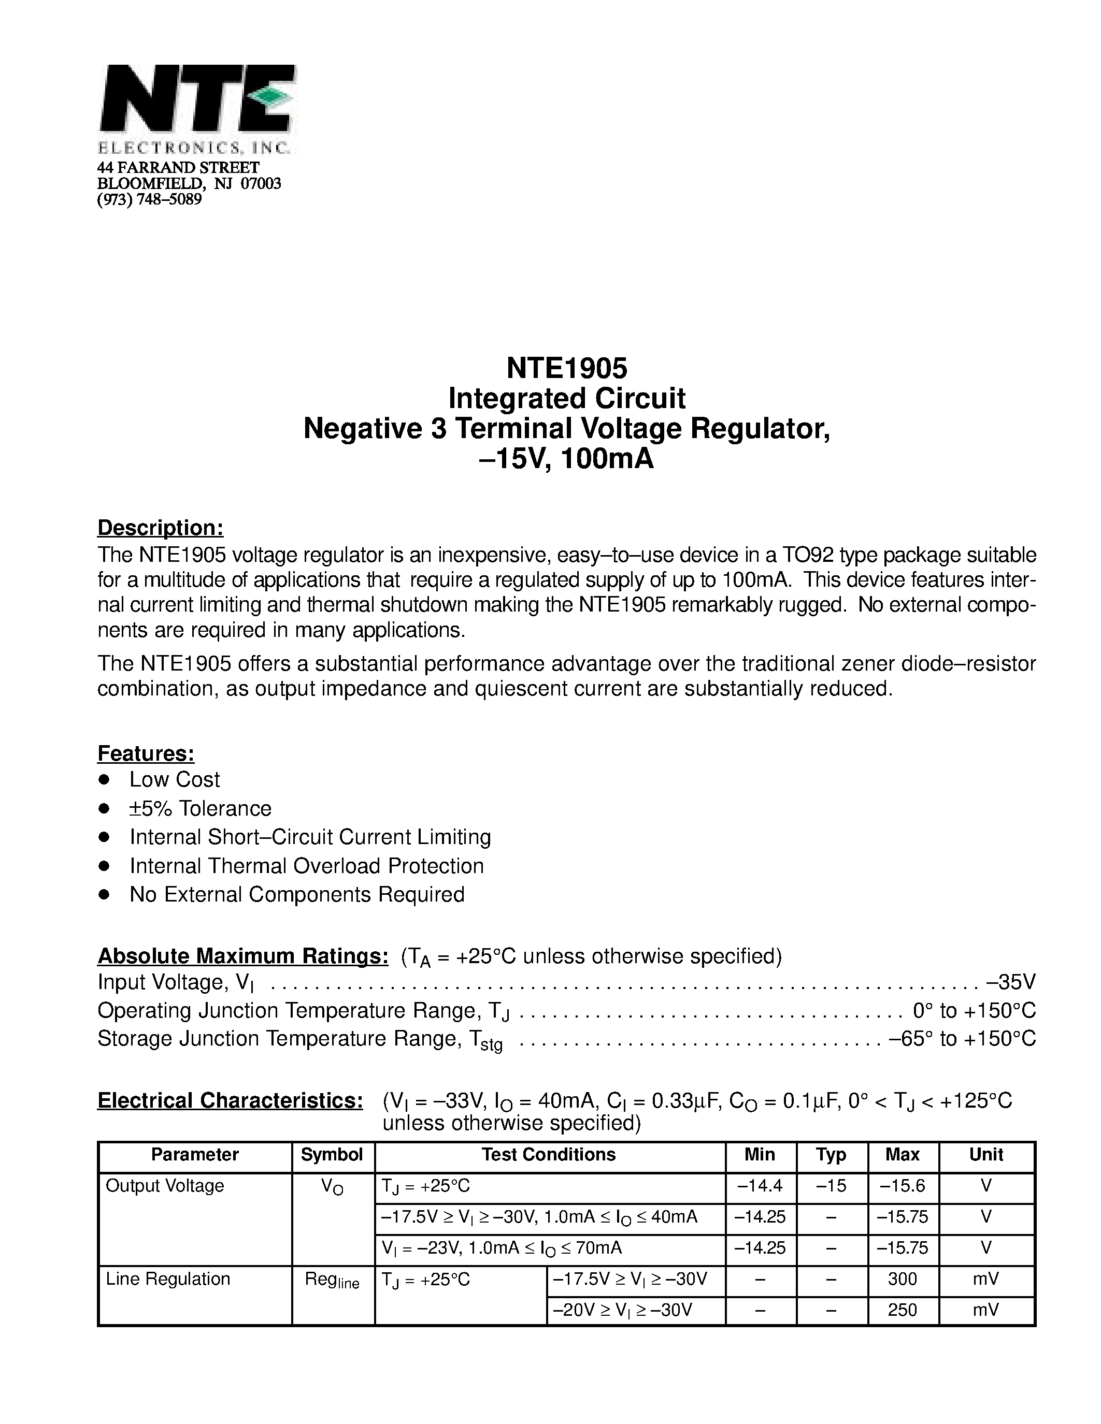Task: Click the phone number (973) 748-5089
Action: pos(149,199)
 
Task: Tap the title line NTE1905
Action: pos(566,368)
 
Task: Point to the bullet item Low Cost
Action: pos(174,780)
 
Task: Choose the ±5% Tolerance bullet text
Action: pos(200,808)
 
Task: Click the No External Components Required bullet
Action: pos(297,895)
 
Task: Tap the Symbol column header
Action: pos(332,1155)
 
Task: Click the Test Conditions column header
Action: pos(549,1155)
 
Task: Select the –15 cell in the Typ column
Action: pos(831,1185)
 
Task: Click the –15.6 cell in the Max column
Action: pos(902,1185)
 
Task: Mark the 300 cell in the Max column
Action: pos(902,1278)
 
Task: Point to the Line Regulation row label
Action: pos(168,1278)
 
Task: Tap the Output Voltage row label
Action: pos(164,1185)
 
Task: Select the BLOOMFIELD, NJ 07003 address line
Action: pos(189,184)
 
